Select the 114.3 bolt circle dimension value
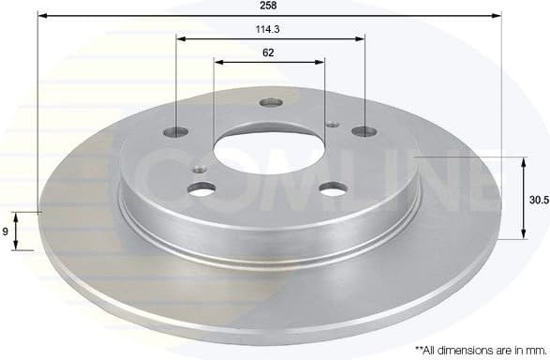tap(270, 29)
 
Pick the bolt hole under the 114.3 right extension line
tap(363, 132)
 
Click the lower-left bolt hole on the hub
tap(201, 189)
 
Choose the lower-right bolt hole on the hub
tap(333, 188)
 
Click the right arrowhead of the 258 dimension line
tap(498, 17)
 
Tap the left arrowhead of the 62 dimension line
tap(218, 63)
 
